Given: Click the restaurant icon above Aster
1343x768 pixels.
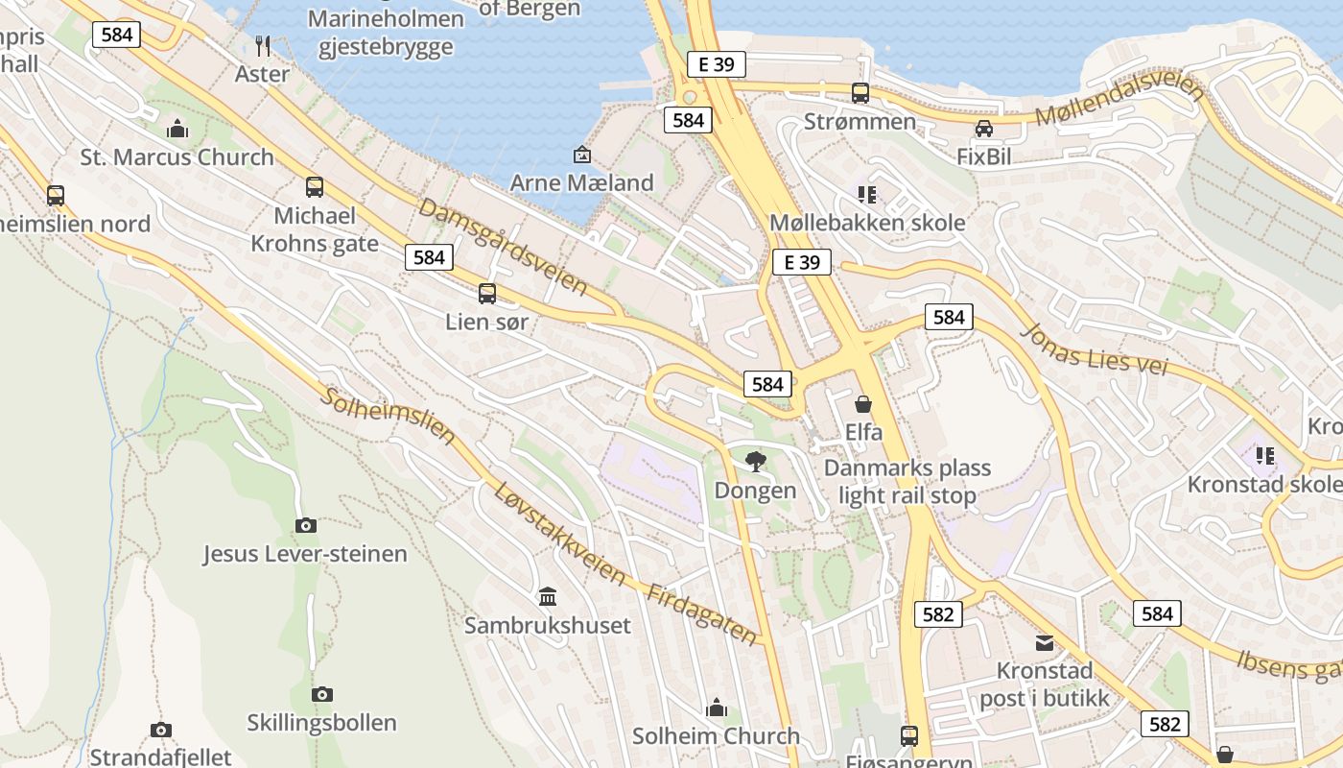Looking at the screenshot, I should [263, 45].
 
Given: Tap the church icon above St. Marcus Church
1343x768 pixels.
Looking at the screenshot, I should [177, 129].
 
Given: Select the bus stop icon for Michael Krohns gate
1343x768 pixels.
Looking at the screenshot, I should [315, 187].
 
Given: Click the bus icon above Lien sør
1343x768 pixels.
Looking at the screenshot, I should [487, 294].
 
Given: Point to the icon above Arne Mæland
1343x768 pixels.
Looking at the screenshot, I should [581, 155].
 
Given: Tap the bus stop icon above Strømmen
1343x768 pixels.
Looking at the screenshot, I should [860, 93].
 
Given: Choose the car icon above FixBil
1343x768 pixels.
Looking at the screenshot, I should [984, 129].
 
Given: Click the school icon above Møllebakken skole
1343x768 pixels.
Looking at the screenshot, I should [867, 195].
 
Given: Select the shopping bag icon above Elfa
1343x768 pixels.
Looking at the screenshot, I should [863, 404].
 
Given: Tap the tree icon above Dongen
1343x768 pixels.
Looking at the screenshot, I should [756, 462].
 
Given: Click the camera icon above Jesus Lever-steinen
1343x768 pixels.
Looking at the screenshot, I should [306, 525].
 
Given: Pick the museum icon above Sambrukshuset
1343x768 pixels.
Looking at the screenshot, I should [548, 597].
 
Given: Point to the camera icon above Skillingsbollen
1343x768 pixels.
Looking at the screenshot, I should [322, 694].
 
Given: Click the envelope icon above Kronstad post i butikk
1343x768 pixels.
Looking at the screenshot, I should [1044, 642].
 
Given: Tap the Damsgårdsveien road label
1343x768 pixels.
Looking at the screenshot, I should [503, 247].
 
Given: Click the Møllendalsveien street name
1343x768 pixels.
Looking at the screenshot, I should [1120, 104].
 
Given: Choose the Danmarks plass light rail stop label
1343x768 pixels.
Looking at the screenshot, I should [907, 482].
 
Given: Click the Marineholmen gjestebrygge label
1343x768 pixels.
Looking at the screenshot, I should [387, 33].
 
